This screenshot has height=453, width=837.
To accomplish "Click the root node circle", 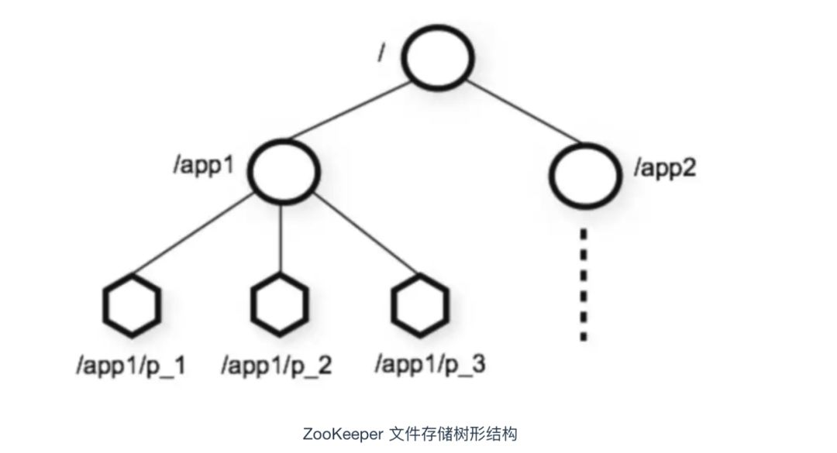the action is tap(438, 26).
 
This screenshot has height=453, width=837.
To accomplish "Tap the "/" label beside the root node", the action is tap(381, 53).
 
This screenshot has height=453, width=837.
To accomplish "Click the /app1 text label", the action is tap(204, 166).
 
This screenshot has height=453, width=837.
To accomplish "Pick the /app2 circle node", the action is tap(586, 145).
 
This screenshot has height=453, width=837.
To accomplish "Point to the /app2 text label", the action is tap(665, 168).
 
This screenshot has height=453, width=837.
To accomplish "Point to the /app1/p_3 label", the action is tap(430, 365).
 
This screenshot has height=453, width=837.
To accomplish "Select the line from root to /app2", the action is tap(523, 112).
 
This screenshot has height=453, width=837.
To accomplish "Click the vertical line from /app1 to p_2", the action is tap(281, 239).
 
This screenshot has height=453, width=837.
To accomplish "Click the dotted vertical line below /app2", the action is tap(584, 284).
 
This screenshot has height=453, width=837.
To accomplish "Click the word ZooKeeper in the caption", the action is tap(343, 434).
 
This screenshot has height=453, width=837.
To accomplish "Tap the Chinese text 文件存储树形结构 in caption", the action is tap(453, 434).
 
